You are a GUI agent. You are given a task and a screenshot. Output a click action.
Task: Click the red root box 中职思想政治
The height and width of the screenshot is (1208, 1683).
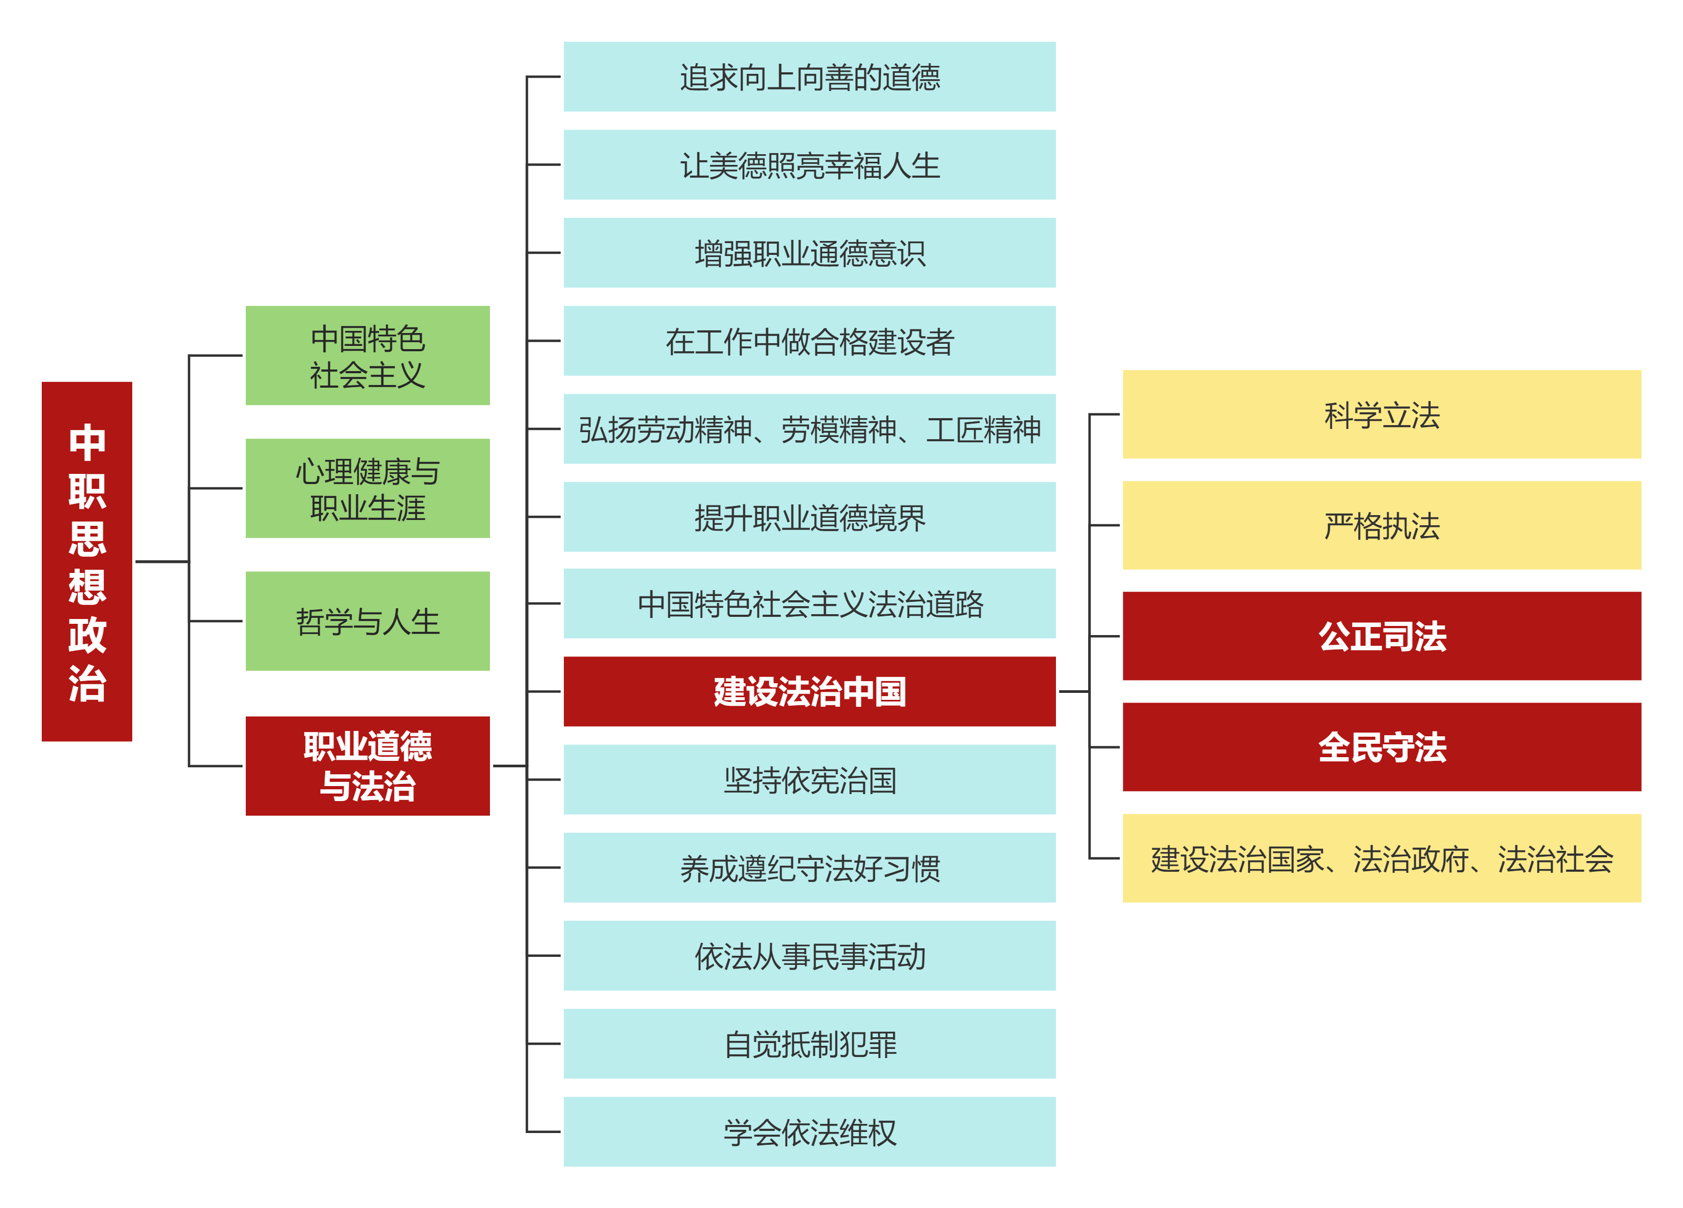(x=87, y=561)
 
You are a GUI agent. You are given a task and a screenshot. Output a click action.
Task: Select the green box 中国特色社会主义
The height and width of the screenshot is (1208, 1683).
(x=367, y=356)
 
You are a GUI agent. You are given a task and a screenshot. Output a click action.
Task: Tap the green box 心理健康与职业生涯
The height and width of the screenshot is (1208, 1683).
(x=367, y=488)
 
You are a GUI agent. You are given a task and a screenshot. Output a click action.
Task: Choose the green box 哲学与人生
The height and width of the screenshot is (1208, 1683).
(x=367, y=621)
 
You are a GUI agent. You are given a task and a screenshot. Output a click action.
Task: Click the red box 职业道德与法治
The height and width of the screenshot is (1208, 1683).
(x=367, y=766)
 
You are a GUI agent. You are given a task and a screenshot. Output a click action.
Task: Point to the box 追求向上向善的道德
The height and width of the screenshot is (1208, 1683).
(x=810, y=77)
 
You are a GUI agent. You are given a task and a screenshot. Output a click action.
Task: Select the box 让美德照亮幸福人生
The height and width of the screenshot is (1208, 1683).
(x=810, y=165)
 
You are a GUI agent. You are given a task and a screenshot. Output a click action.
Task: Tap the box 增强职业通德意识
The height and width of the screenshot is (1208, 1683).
(x=810, y=253)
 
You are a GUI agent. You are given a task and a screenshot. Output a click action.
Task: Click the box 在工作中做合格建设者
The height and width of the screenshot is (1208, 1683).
(x=810, y=341)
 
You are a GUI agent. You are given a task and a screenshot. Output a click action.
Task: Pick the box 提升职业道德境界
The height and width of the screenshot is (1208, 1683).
(x=810, y=517)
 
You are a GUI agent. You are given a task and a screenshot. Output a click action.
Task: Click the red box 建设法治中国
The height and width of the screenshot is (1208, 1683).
(x=810, y=692)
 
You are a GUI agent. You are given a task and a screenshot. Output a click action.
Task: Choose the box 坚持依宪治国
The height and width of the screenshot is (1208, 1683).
(x=810, y=780)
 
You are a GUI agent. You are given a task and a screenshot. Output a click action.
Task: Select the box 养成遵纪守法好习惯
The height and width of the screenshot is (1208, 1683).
(x=810, y=868)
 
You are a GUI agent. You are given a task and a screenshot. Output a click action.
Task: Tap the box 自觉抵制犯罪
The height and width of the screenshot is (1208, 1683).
(x=810, y=1044)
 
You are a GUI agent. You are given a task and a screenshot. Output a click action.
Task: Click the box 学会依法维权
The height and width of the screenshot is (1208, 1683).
(x=810, y=1132)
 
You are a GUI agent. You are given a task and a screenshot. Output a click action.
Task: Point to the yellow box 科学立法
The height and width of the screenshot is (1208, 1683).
(x=1382, y=415)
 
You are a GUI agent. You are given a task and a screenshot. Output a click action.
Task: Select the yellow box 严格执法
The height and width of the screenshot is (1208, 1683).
(x=1382, y=525)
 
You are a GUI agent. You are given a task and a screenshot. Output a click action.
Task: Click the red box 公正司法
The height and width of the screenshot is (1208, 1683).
(x=1382, y=637)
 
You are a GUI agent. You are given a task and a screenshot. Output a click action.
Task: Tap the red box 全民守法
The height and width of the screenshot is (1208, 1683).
(x=1382, y=747)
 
